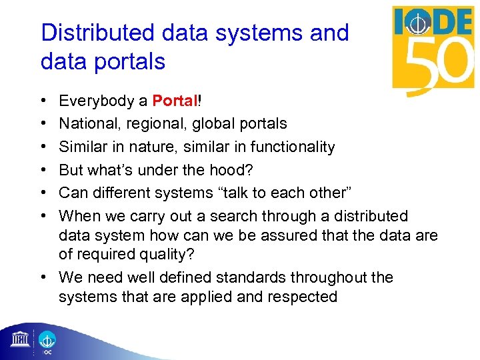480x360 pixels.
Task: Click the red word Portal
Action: pos(175,101)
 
